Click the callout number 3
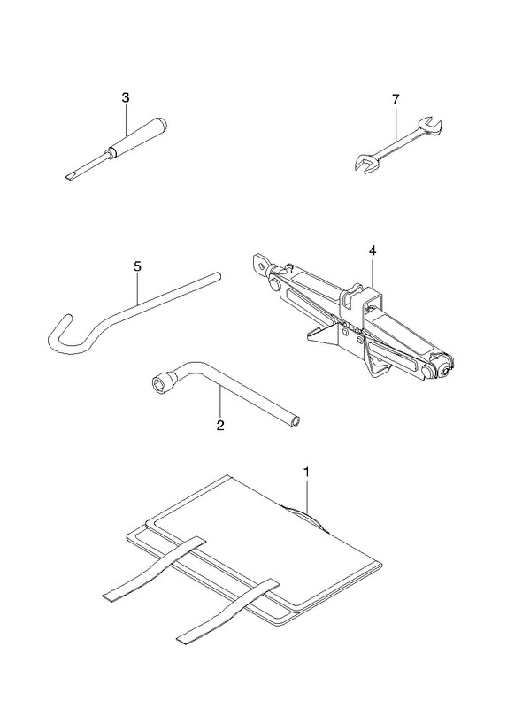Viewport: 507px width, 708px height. coord(126,97)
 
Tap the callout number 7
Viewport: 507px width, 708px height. coord(396,99)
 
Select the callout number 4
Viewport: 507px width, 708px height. coord(372,250)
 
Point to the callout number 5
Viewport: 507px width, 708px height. coord(137,266)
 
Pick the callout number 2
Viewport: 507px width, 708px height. coord(219,425)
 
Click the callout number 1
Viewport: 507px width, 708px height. coord(306,473)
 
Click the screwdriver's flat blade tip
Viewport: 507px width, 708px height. coord(70,175)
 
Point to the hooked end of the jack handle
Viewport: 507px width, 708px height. coord(63,335)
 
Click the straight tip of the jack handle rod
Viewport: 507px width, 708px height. coord(217,276)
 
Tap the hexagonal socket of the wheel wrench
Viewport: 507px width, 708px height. coord(160,385)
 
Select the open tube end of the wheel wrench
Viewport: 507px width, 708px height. coord(295,422)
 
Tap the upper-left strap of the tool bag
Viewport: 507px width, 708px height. coord(152,570)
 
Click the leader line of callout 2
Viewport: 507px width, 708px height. coord(219,403)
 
